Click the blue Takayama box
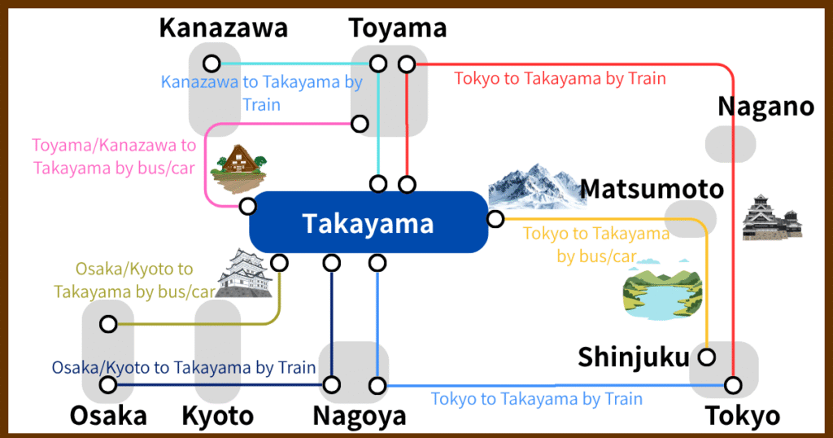[369, 223]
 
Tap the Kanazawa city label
[223, 28]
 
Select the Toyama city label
[397, 28]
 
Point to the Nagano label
[765, 107]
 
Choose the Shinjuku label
[633, 357]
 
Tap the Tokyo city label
[741, 416]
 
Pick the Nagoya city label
[359, 416]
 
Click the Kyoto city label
[217, 416]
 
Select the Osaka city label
[108, 416]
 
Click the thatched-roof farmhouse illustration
[239, 168]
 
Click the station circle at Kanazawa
[212, 63]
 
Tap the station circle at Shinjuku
[706, 357]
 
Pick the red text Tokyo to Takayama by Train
[560, 79]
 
